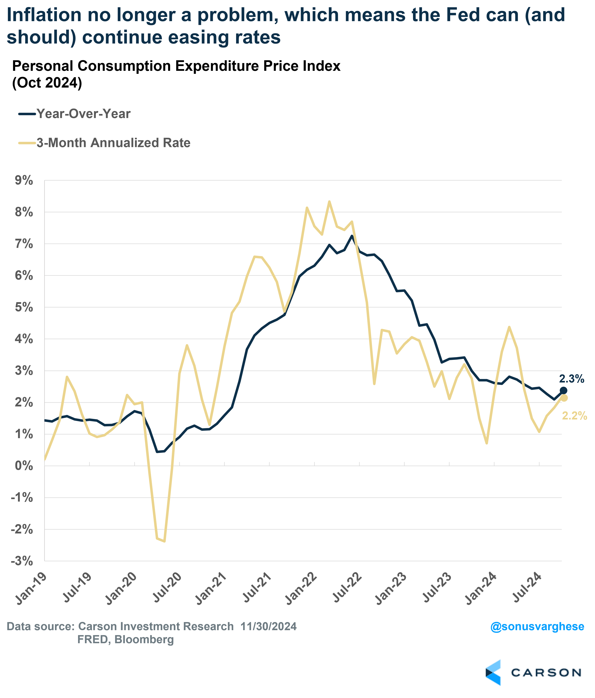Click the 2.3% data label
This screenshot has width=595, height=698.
(571, 379)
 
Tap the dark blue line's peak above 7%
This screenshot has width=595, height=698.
(352, 236)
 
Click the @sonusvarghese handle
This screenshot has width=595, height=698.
(537, 627)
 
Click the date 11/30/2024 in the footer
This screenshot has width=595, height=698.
(269, 627)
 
